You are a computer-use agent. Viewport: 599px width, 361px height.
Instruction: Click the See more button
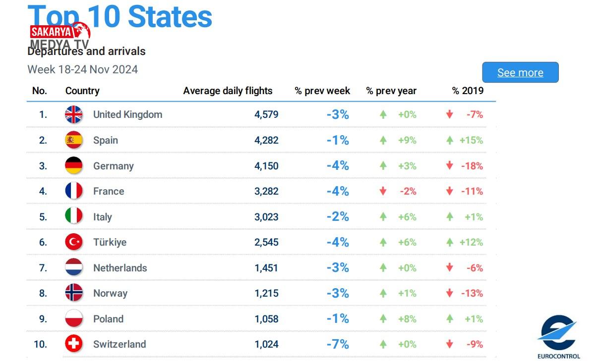point(520,72)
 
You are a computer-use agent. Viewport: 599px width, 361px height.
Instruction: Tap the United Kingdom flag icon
point(74,114)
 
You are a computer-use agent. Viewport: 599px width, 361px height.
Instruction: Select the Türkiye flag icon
point(74,242)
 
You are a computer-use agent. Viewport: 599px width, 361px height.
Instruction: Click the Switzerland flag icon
point(74,344)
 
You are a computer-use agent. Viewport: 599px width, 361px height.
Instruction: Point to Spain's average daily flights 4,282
point(266,140)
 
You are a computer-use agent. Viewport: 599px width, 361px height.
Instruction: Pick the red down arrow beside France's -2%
point(383,191)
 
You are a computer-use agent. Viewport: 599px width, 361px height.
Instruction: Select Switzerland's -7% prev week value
point(338,344)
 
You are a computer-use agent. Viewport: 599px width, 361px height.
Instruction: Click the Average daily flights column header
point(228,91)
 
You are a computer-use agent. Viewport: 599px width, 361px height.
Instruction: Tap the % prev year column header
point(391,91)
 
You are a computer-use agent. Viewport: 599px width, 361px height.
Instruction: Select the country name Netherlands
point(120,268)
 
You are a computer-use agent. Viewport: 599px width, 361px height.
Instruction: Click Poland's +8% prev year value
point(407,319)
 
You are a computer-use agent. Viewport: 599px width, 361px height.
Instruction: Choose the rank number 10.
point(40,344)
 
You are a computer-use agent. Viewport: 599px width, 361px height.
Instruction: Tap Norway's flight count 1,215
point(266,293)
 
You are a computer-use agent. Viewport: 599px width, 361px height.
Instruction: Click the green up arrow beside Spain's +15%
point(450,140)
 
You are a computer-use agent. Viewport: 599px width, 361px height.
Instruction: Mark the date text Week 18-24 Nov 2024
point(82,69)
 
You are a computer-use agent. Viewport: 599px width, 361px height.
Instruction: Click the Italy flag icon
point(74,217)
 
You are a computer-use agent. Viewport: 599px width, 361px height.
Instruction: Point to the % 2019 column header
point(468,91)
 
